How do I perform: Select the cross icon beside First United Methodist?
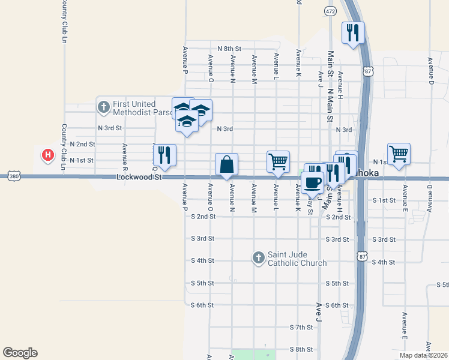click(103, 107)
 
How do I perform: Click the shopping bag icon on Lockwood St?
click(227, 164)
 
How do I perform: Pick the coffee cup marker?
click(312, 182)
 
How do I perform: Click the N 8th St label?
click(229, 48)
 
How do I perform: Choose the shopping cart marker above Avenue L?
click(278, 161)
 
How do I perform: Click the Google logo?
click(20, 353)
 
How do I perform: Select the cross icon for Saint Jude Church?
click(259, 257)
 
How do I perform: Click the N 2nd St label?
click(83, 145)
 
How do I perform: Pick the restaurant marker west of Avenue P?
click(164, 154)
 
